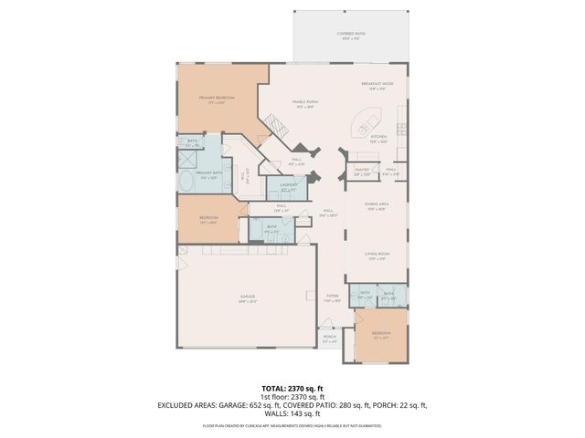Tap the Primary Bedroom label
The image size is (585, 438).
coord(218,99)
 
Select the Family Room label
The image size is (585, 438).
coord(304,104)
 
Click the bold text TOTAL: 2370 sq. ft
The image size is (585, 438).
coord(292,387)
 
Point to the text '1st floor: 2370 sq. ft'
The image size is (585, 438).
coord(292,396)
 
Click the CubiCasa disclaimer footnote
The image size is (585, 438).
coord(292,425)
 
